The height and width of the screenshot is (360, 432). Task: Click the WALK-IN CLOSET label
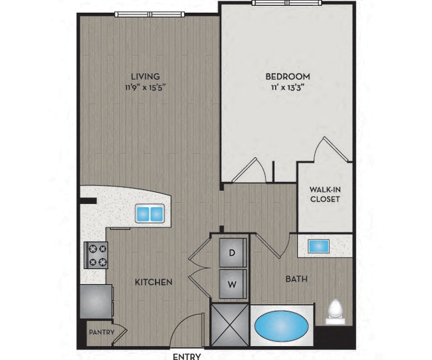pyautogui.click(x=325, y=193)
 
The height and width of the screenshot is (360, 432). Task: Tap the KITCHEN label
pyautogui.click(x=154, y=282)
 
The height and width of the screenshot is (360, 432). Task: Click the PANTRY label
pyautogui.click(x=101, y=333)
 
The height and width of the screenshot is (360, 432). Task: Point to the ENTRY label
pyautogui.click(x=187, y=356)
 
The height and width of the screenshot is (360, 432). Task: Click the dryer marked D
pyautogui.click(x=233, y=252)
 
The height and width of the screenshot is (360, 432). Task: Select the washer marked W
pyautogui.click(x=233, y=284)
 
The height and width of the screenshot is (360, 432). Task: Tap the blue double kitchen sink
pyautogui.click(x=150, y=213)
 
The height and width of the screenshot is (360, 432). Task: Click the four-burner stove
pyautogui.click(x=95, y=254)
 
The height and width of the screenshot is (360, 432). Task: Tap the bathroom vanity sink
pyautogui.click(x=320, y=246)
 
